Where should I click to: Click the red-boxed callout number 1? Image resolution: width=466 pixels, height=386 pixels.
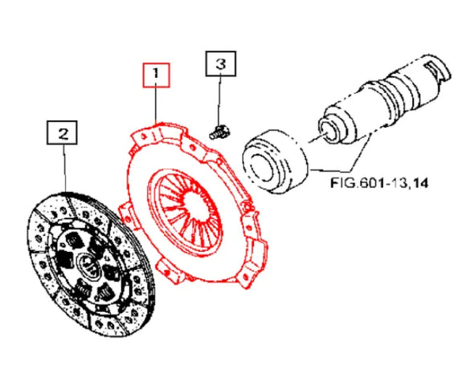click(x=157, y=75)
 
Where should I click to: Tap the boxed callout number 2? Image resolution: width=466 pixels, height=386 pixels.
click(x=62, y=132)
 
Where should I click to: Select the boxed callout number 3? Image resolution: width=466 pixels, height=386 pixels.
click(x=221, y=64)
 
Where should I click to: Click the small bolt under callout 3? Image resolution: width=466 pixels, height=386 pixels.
click(x=220, y=132)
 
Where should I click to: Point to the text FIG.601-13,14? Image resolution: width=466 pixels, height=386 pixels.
click(x=379, y=183)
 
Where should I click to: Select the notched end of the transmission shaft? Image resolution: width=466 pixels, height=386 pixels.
click(x=436, y=71)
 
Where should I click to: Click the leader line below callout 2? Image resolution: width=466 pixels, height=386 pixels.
click(x=65, y=169)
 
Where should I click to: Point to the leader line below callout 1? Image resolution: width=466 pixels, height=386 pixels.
click(x=156, y=105)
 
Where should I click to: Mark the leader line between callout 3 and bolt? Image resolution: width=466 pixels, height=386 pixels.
click(x=219, y=101)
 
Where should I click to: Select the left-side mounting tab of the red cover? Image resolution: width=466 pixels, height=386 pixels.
click(x=127, y=216)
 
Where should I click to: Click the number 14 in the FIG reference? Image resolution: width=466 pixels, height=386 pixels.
click(x=420, y=183)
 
